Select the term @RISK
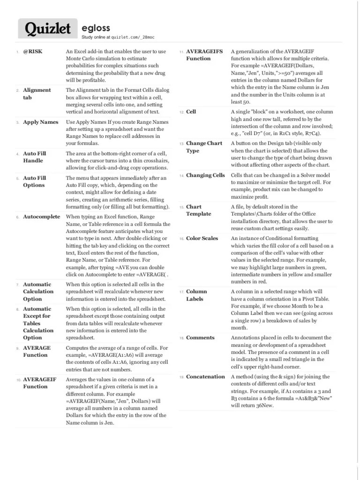[x=32, y=51]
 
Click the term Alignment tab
[x=37, y=94]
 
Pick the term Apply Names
[x=41, y=122]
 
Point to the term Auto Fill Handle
[x=35, y=157]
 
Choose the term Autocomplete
[x=42, y=217]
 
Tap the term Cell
[x=191, y=112]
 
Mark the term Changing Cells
[x=206, y=175]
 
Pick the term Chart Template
[x=199, y=210]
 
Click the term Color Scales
[x=202, y=238]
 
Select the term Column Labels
[x=196, y=295]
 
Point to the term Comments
[x=200, y=337]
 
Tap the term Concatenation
[x=206, y=376]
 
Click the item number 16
[x=181, y=239]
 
